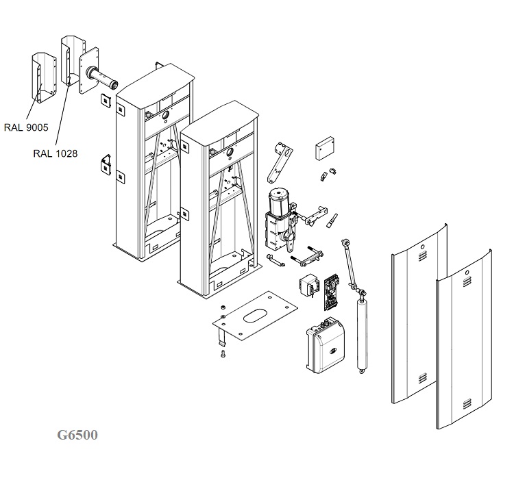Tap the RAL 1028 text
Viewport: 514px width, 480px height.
click(55, 153)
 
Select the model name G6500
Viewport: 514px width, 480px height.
click(77, 435)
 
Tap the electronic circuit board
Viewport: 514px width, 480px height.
click(334, 290)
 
